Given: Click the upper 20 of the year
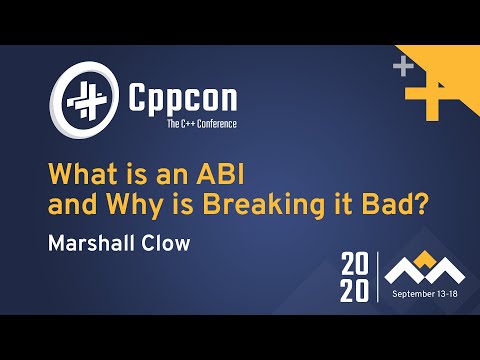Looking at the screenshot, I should coord(355,265).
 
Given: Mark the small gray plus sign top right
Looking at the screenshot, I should coord(402,68).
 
